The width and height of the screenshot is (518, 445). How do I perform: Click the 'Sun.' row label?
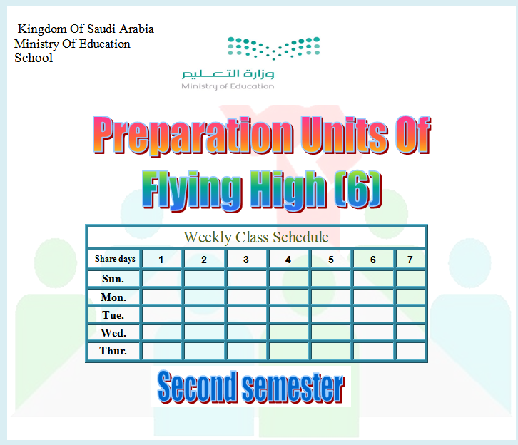113,279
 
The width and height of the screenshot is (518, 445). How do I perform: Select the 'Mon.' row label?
113,297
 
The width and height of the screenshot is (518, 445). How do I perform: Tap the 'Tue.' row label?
113,315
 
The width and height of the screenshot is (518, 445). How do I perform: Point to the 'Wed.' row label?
113,333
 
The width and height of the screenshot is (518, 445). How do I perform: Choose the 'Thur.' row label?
113,351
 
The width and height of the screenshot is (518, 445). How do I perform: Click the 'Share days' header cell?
115,259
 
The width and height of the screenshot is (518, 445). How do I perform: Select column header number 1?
161,260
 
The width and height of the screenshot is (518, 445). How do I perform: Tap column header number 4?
288,260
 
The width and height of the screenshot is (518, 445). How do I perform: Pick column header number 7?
410,260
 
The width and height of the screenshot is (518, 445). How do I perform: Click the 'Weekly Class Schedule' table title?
256,237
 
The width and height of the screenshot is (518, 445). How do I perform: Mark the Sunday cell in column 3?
246,279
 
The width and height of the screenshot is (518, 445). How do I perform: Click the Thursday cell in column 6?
373,351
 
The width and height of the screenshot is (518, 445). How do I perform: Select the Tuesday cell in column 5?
330,315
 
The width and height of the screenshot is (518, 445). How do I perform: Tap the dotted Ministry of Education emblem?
273,48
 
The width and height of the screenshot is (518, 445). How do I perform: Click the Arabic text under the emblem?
228,74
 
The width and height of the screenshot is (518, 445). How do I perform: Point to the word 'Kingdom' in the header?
42,29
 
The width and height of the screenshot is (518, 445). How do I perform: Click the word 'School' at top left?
34,58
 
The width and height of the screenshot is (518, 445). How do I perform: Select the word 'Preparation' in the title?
193,135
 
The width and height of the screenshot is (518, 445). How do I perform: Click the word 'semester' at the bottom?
293,387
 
